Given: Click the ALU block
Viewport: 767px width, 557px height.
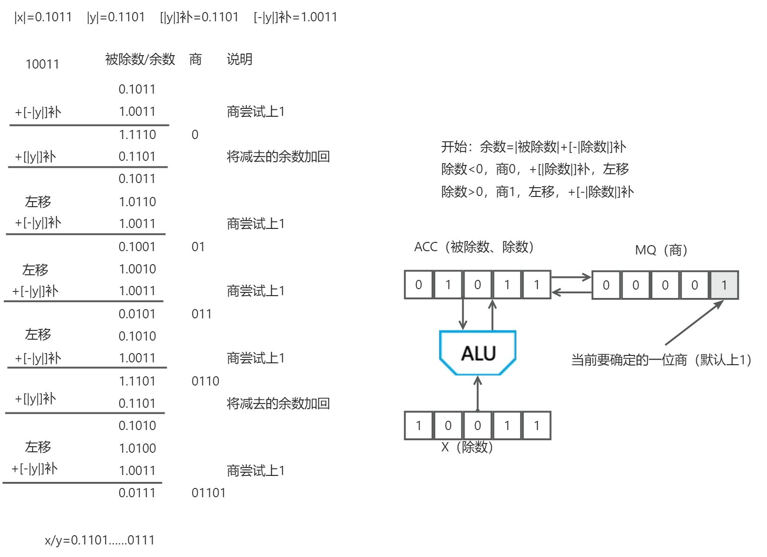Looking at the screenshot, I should [477, 352].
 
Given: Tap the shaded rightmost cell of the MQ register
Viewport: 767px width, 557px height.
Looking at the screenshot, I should [724, 285].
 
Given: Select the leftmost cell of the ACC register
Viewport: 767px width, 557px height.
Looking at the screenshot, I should [419, 285].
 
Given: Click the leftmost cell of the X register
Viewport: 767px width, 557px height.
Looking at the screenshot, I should [419, 425].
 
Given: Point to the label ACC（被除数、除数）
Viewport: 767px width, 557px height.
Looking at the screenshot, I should [474, 247].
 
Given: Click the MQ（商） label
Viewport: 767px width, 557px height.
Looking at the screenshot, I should [661, 250].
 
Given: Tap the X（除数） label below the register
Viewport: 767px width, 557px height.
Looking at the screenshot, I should [467, 447].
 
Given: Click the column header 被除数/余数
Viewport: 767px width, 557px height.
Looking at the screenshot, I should [140, 59].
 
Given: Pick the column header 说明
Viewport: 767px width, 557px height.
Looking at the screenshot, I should [239, 59].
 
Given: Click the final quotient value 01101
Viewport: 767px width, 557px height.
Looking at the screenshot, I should [208, 493].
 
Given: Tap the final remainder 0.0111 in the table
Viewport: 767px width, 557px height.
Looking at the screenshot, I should [137, 493].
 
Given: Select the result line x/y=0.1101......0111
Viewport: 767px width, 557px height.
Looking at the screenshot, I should [100, 540].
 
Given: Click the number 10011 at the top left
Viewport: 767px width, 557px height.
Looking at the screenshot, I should [42, 64].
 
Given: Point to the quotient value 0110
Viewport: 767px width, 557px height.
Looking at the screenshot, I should [205, 381].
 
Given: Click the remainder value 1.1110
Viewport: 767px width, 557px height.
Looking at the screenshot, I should [137, 134].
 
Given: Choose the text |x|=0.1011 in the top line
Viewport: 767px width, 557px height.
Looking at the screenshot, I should [43, 17].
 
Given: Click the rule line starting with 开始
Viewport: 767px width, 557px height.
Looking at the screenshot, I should [533, 147].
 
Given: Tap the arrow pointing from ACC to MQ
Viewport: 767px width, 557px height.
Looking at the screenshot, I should [571, 277].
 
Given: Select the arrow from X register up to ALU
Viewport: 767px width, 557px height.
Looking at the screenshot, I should [477, 393].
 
